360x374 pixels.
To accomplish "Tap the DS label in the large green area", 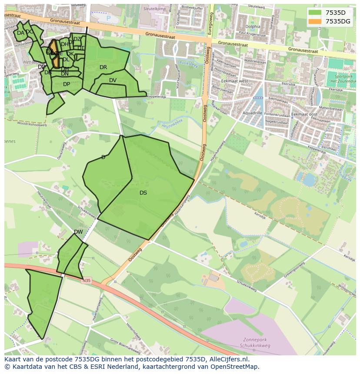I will (x=143, y=193).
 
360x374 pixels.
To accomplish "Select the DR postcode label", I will (x=103, y=67).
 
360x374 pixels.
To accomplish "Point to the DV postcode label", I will (x=113, y=80).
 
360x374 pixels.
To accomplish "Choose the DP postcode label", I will (x=67, y=84).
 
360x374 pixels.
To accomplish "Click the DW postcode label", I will (x=78, y=232).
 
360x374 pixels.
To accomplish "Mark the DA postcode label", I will (x=20, y=33).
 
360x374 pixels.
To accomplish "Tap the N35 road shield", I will (x=87, y=281).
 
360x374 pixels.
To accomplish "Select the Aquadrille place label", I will (x=253, y=113).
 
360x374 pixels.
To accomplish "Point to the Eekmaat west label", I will (x=234, y=81).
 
